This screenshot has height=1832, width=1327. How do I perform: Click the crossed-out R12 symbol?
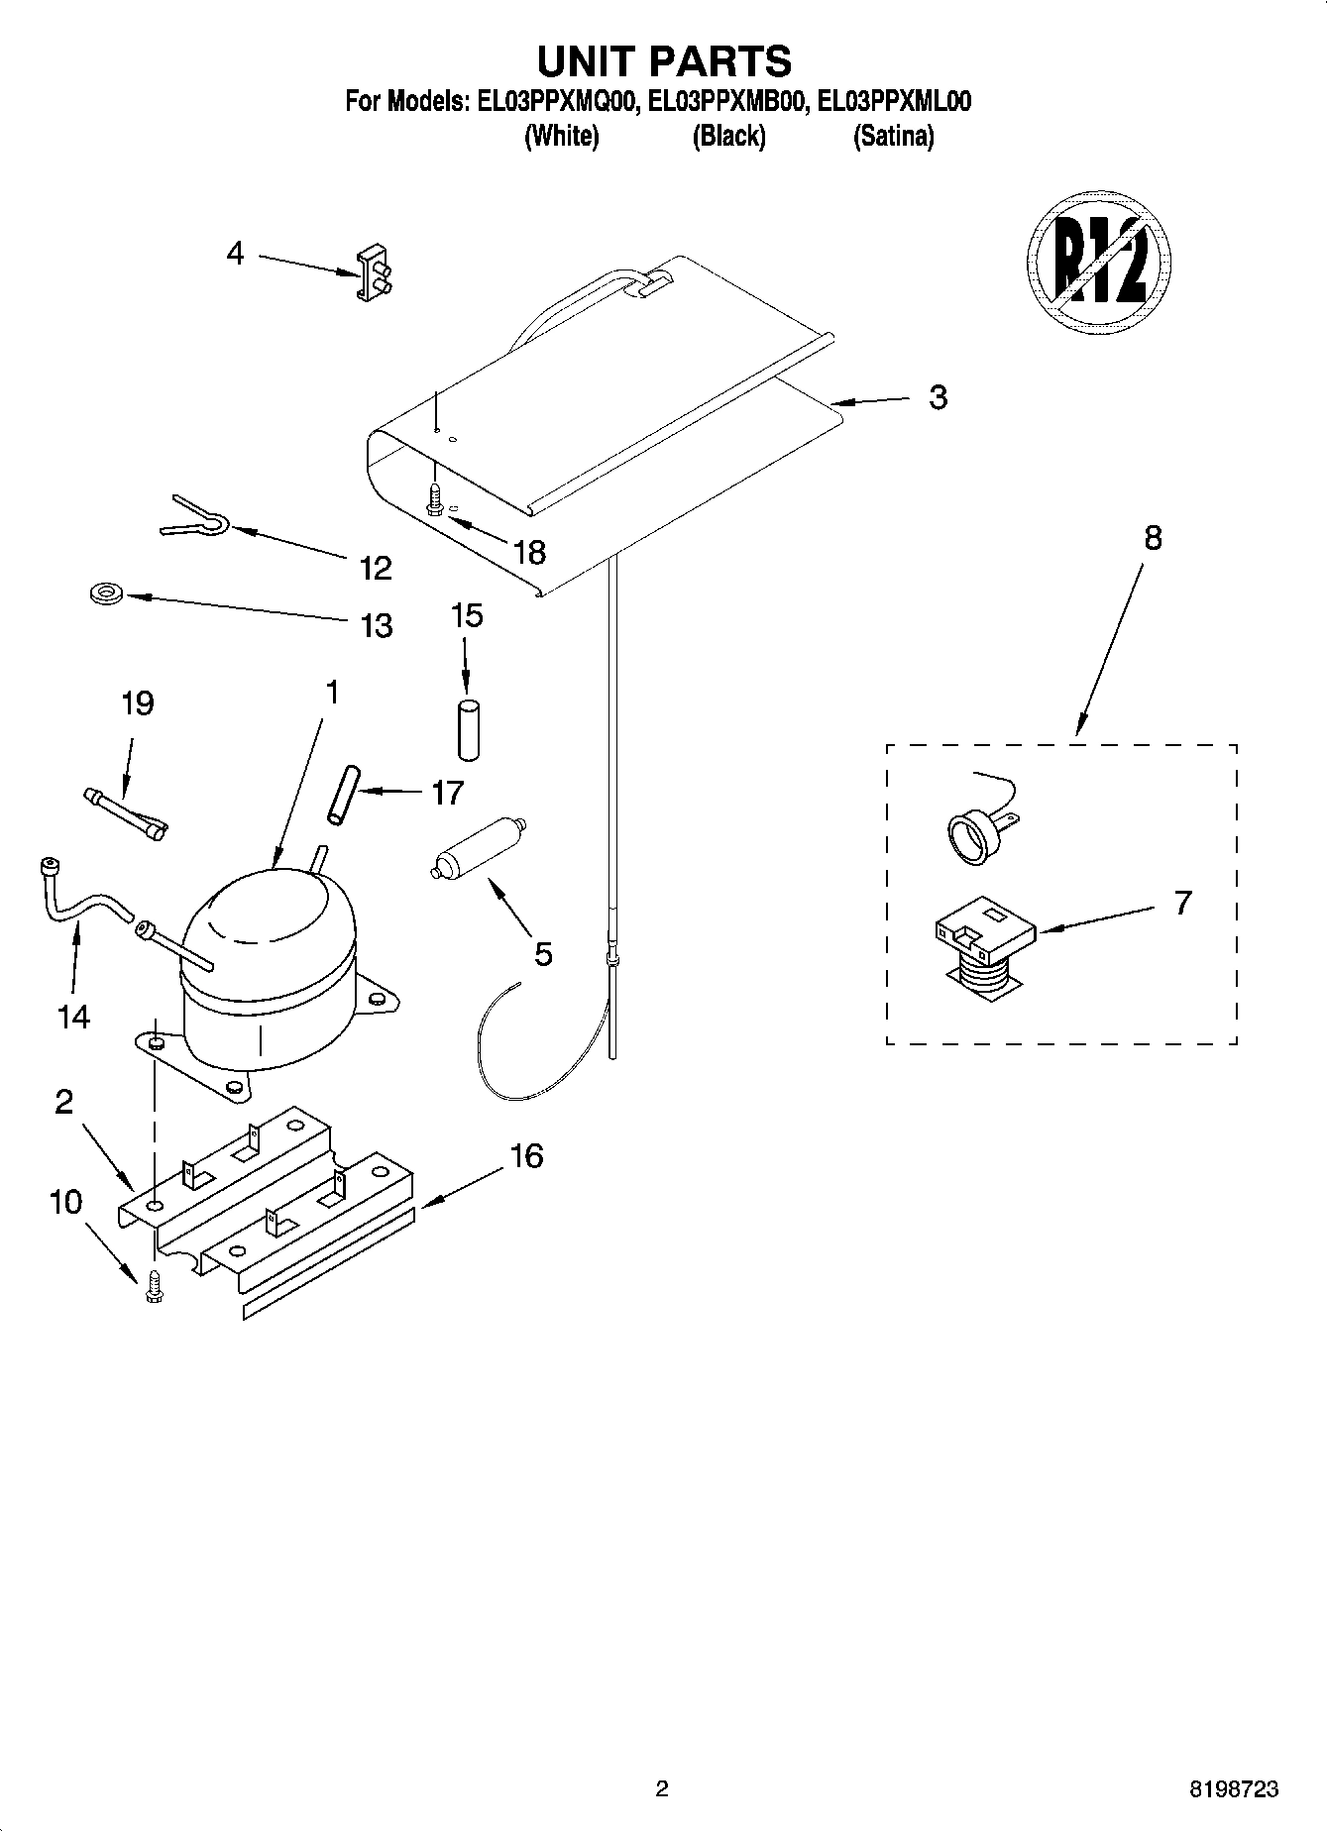1098,261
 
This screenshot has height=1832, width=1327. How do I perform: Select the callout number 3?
938,397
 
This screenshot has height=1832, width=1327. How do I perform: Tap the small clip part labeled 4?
372,271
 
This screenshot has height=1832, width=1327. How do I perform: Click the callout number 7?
1182,903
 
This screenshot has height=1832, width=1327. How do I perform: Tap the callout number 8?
1152,538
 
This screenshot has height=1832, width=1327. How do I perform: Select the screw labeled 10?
153,1285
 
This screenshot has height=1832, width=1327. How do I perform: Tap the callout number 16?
526,1155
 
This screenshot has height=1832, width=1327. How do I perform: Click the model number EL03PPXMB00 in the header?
726,101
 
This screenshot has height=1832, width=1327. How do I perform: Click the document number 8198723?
1233,1789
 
